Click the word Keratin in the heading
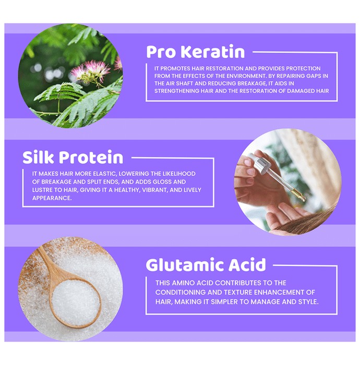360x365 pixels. (x=213, y=52)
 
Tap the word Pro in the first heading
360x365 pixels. (x=161, y=52)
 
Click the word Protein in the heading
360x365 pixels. (x=91, y=157)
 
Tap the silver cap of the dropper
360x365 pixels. (x=262, y=164)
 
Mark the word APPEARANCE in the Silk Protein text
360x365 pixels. (x=52, y=198)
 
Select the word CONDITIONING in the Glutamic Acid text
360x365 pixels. (x=180, y=292)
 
